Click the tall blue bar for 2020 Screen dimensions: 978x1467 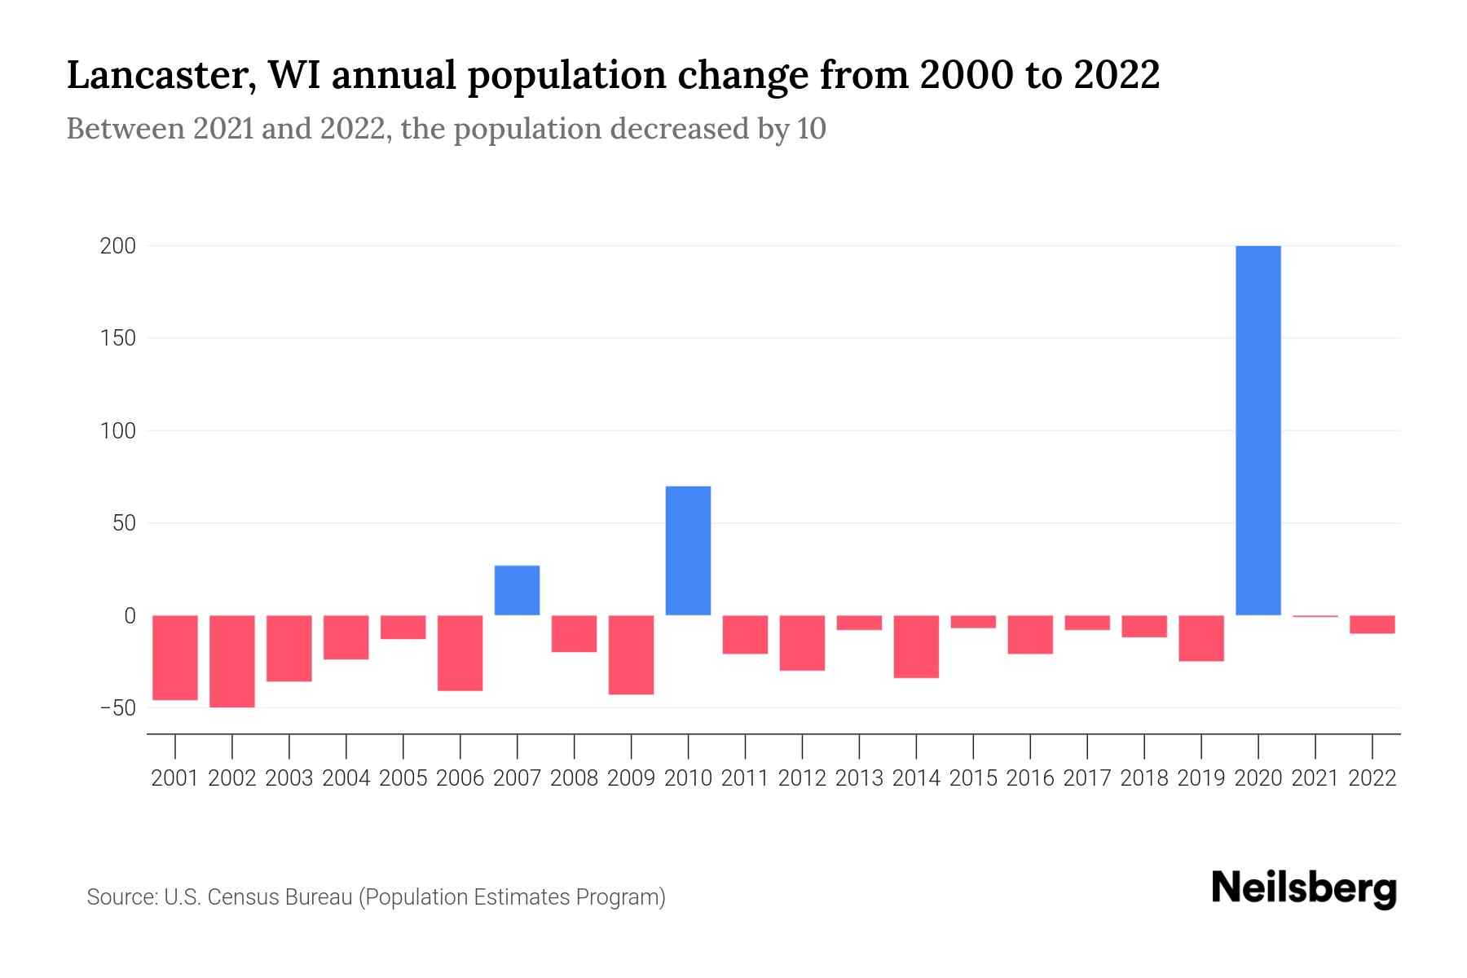(1258, 430)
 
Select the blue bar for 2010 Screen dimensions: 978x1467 (688, 551)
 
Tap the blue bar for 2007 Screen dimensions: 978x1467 (517, 590)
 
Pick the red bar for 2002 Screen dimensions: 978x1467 (232, 661)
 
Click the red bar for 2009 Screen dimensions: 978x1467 (631, 654)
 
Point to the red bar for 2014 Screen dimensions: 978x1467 (916, 646)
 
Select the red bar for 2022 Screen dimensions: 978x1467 (1372, 624)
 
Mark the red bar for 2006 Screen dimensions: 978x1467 (460, 653)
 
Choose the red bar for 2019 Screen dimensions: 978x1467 (1200, 638)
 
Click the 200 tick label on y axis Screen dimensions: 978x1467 (117, 246)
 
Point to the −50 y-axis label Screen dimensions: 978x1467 (117, 707)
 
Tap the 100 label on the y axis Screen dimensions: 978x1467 (117, 430)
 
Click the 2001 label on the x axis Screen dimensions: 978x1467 (175, 778)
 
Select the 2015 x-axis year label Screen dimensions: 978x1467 (973, 778)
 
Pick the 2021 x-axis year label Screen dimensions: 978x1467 (1315, 778)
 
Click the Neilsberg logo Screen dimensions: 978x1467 (1304, 888)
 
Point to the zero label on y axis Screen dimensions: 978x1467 (129, 615)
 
